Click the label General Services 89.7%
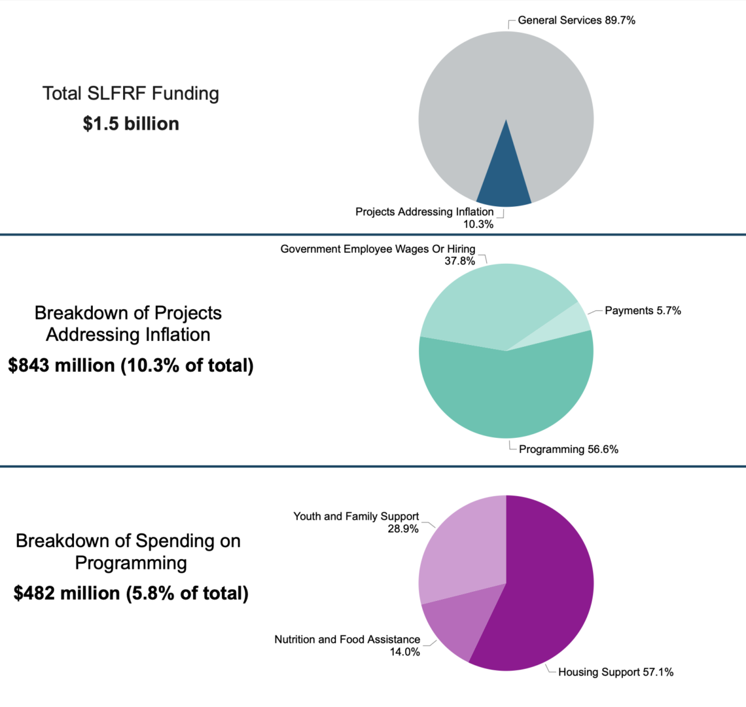[x=576, y=20]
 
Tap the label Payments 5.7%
[x=643, y=310]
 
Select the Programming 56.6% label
[x=568, y=449]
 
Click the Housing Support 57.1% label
[x=615, y=672]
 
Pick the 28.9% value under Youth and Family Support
[x=403, y=528]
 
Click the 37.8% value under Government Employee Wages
[x=459, y=261]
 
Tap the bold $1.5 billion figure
[x=131, y=124]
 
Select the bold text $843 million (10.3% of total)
[x=131, y=365]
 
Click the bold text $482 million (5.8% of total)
[x=131, y=593]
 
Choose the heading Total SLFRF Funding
[x=131, y=94]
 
